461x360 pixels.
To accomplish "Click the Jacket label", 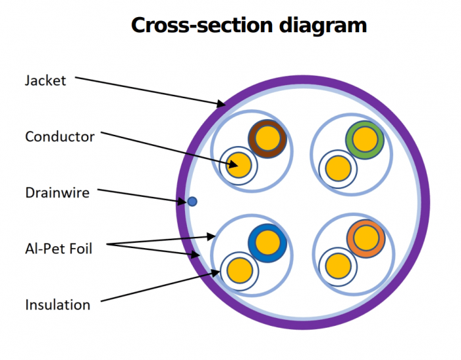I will pyautogui.click(x=45, y=81).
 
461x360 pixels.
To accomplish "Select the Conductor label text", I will pyautogui.click(x=60, y=137).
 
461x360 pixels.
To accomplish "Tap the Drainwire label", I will pyautogui.click(x=57, y=193).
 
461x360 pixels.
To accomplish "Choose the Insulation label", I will pyautogui.click(x=57, y=305).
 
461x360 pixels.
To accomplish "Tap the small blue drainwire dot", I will pyautogui.click(x=192, y=201).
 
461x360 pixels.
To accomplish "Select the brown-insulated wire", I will pyautogui.click(x=268, y=138).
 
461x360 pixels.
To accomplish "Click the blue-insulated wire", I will pyautogui.click(x=268, y=243).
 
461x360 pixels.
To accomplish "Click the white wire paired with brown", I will pyautogui.click(x=238, y=164).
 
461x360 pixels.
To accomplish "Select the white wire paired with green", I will pyautogui.click(x=338, y=166).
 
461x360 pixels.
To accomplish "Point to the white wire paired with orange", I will pyautogui.click(x=339, y=266).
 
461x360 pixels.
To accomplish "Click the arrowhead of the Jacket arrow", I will pyautogui.click(x=222, y=104).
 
